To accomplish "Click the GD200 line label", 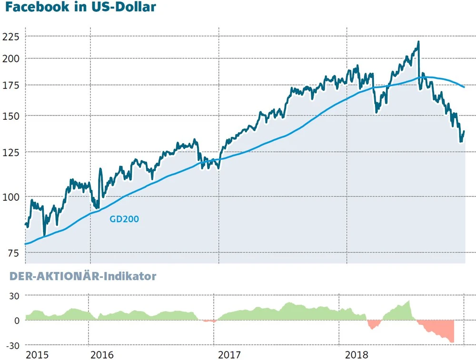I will pyautogui.click(x=124, y=219).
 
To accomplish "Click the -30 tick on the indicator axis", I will pyautogui.click(x=12, y=345).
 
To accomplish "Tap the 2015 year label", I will pyautogui.click(x=37, y=354).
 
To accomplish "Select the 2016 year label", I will pyautogui.click(x=101, y=354).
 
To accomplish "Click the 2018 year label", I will pyautogui.click(x=357, y=354).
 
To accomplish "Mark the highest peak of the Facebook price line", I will pyautogui.click(x=418, y=42).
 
